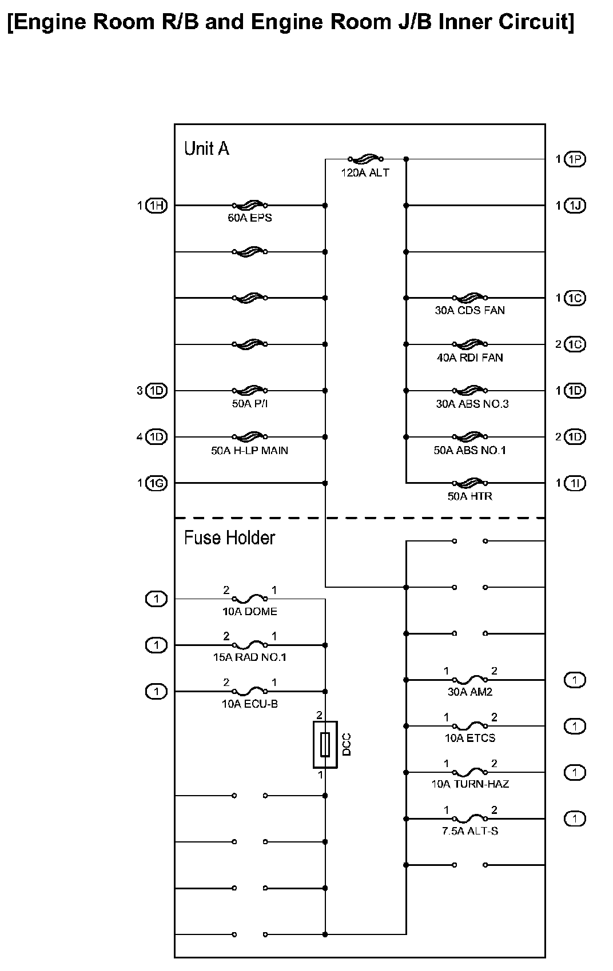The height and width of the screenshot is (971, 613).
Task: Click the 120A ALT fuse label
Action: pyautogui.click(x=365, y=172)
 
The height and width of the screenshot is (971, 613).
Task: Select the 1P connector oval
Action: pyautogui.click(x=575, y=159)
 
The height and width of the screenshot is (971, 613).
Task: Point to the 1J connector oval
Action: pyautogui.click(x=575, y=206)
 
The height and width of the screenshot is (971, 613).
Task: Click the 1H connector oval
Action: pyautogui.click(x=156, y=206)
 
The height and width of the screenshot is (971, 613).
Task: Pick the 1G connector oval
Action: pyautogui.click(x=156, y=483)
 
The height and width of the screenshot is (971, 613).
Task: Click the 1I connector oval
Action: pyautogui.click(x=575, y=483)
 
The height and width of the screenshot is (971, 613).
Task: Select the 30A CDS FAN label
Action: pyautogui.click(x=469, y=311)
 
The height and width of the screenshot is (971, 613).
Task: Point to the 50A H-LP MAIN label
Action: pyautogui.click(x=249, y=451)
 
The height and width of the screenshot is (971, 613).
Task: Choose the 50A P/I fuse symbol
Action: pyautogui.click(x=250, y=391)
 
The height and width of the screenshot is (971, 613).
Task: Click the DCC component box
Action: pyautogui.click(x=325, y=744)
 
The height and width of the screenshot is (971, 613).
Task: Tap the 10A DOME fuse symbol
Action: pyautogui.click(x=250, y=599)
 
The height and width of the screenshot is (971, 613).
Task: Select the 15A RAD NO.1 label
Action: pyautogui.click(x=249, y=657)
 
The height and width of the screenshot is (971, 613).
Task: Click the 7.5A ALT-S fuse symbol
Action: pyautogui.click(x=469, y=818)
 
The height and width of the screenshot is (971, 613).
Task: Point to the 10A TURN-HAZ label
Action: pyautogui.click(x=469, y=784)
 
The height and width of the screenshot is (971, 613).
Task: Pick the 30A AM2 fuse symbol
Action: pyautogui.click(x=469, y=680)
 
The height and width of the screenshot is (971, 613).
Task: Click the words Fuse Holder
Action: pyautogui.click(x=229, y=538)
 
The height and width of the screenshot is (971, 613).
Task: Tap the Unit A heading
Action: pyautogui.click(x=206, y=149)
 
